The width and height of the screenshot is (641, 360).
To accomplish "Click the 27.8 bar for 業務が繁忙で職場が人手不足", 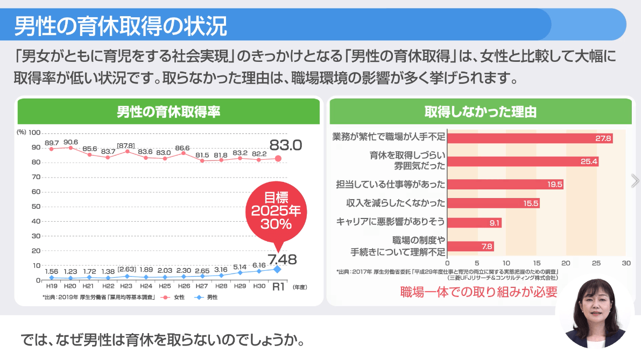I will (x=530, y=138).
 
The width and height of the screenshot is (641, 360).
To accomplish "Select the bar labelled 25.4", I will (x=523, y=161).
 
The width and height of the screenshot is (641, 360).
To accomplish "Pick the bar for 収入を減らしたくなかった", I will (x=493, y=203).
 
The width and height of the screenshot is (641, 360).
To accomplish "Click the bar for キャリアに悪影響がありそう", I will (x=474, y=223).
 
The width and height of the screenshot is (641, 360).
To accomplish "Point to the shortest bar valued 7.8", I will (x=470, y=246).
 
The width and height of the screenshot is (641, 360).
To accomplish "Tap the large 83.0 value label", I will (x=286, y=145).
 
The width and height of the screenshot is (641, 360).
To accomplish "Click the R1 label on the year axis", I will (x=278, y=287).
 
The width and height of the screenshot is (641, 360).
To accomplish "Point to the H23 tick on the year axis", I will (x=127, y=286).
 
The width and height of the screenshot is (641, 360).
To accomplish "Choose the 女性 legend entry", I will (x=174, y=297).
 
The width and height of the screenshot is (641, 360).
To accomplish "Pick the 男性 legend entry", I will (x=207, y=297).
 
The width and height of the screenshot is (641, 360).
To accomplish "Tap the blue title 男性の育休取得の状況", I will (x=121, y=25).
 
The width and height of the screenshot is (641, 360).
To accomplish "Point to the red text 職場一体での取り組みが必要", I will (x=478, y=292).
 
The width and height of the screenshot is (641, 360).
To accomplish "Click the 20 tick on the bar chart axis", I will (x=566, y=264).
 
